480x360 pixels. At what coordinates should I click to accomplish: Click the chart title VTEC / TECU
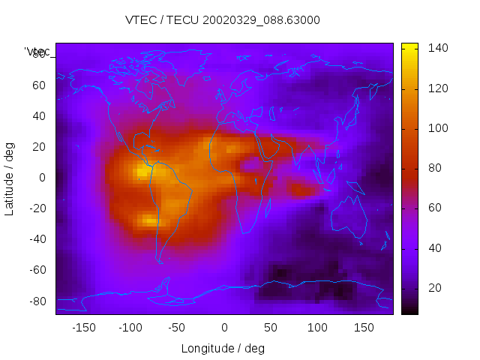(223, 20)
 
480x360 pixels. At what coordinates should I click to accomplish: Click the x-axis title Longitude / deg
(223, 348)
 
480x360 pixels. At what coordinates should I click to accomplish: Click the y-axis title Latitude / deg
(10, 178)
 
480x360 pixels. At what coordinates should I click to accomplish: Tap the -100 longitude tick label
(130, 328)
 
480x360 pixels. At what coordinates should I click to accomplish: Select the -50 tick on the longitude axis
(177, 328)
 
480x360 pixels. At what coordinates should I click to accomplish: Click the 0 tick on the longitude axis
(223, 328)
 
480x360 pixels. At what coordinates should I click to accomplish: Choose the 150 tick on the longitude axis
(363, 328)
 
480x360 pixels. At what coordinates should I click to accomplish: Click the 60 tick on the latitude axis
(39, 85)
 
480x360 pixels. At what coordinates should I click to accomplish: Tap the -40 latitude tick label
(37, 239)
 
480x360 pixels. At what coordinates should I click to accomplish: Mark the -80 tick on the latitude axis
(37, 301)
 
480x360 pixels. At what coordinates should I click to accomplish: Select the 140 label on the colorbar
(438, 48)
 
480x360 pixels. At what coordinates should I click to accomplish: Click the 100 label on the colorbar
(438, 128)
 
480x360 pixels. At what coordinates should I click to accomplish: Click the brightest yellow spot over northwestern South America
(142, 172)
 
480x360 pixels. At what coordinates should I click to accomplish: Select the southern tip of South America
(159, 261)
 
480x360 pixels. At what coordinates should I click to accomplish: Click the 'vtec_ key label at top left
(37, 51)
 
